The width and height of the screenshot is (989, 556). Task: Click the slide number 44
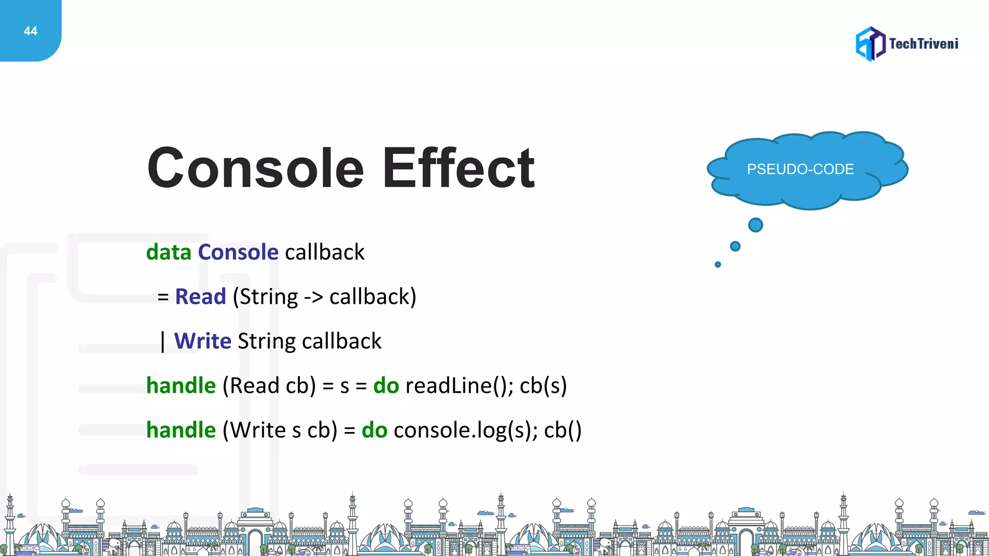(x=30, y=31)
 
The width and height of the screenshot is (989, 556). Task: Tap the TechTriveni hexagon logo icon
(x=870, y=44)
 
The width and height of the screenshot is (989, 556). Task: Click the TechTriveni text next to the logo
(x=923, y=44)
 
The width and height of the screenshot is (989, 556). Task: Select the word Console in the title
(x=255, y=168)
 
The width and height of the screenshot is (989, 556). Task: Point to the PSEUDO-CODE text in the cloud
(x=800, y=169)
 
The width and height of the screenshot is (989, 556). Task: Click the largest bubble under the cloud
(x=755, y=225)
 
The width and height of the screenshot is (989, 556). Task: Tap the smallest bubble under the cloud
(x=718, y=264)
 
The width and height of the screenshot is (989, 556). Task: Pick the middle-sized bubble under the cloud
(x=735, y=247)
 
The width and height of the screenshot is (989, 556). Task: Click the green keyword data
(x=169, y=252)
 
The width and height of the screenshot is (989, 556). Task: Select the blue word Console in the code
(x=238, y=252)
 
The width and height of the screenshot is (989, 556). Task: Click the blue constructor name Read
(x=200, y=297)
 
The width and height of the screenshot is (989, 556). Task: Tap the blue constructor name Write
(x=203, y=341)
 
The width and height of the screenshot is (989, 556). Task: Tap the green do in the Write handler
(x=374, y=430)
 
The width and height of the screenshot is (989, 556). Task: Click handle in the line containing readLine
(x=181, y=386)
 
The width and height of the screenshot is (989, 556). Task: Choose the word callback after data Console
(x=325, y=252)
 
